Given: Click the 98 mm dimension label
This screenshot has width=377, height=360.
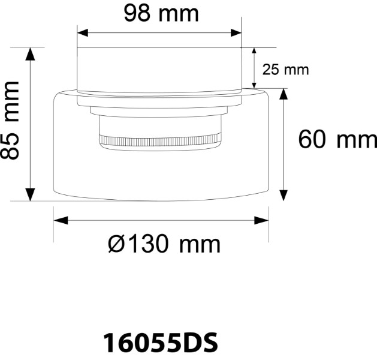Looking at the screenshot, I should tap(161, 13).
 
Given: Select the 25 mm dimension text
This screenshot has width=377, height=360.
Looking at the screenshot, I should tap(285, 70).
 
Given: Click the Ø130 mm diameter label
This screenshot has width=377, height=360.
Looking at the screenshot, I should tap(164, 244).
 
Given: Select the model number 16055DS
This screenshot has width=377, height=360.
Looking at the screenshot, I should tap(160, 343).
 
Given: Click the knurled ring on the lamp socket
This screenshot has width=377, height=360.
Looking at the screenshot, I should tap(160, 140).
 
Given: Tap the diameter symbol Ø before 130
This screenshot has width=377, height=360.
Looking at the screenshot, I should tap(117, 244).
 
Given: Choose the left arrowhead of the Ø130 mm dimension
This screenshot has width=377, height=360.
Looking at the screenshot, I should tap(59, 220).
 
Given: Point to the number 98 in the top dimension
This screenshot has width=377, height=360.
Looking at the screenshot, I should tap(137, 13).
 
